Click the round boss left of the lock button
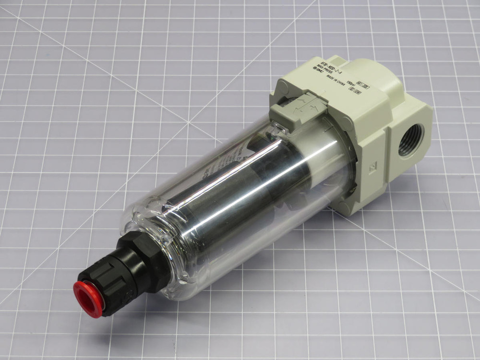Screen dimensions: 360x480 pyautogui.click(x=281, y=86)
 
